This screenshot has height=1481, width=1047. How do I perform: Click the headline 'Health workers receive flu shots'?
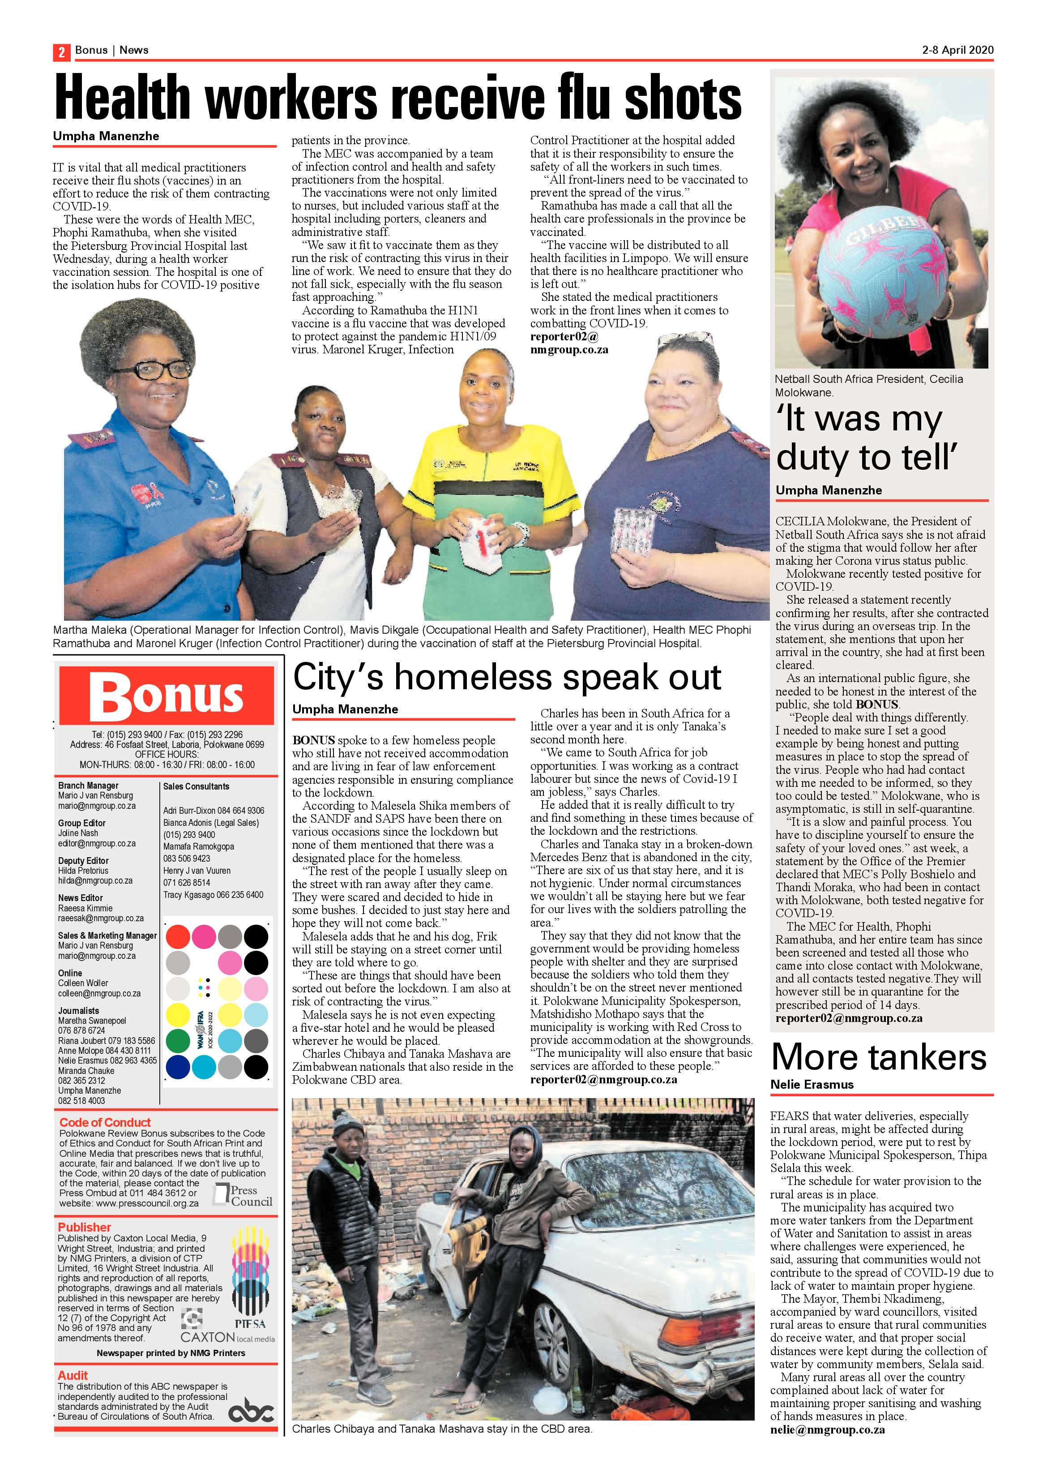[x=398, y=99]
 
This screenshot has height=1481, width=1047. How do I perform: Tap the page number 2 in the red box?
[x=61, y=52]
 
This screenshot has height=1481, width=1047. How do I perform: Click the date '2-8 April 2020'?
[x=957, y=50]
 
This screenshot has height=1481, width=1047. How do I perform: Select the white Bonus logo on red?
[x=167, y=696]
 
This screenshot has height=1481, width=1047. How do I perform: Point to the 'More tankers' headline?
[x=878, y=1058]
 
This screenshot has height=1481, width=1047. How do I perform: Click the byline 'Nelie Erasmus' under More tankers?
[x=812, y=1085]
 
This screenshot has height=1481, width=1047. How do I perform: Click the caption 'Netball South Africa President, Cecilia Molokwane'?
[x=868, y=385]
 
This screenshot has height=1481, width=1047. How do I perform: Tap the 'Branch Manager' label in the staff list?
[x=88, y=786]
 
